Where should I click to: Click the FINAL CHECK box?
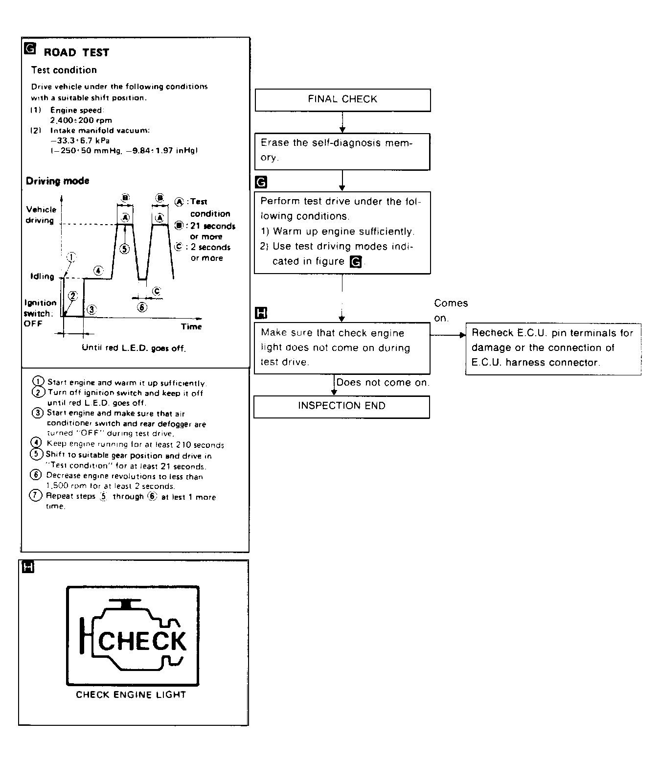(342, 100)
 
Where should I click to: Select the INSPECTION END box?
(341, 406)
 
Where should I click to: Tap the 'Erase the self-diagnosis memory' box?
(342, 151)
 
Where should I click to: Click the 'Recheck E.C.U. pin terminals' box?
(553, 348)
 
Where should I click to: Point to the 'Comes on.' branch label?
(450, 310)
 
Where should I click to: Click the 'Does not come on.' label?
(383, 383)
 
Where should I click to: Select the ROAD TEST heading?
(76, 53)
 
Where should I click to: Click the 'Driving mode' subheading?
(57, 181)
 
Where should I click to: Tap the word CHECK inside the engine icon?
(143, 642)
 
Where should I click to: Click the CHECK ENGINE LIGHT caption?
(131, 694)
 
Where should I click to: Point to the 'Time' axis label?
(191, 326)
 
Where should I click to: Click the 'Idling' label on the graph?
(42, 277)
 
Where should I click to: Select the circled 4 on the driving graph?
(98, 270)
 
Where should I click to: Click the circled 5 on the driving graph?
(125, 249)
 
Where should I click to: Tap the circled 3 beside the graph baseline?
(91, 309)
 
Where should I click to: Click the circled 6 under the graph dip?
(142, 307)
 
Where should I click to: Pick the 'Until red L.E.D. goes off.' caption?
(134, 348)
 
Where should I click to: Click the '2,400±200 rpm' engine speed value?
(81, 120)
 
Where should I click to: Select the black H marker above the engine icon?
(29, 568)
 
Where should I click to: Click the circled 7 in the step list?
(36, 496)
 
